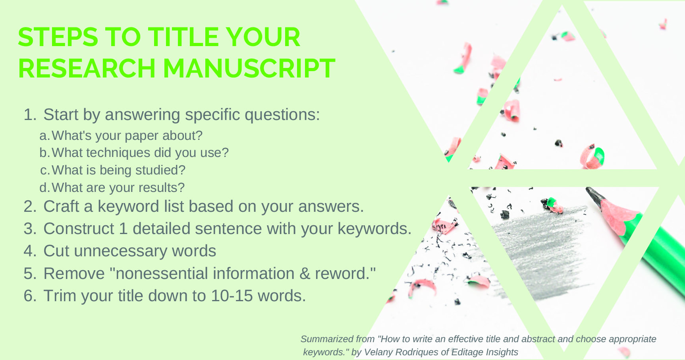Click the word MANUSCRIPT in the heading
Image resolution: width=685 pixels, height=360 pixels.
pyautogui.click(x=249, y=68)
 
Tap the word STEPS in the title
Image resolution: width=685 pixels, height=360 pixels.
pyautogui.click(x=58, y=37)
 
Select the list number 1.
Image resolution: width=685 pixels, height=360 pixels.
pyautogui.click(x=30, y=115)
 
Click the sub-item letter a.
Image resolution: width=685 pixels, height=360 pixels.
pyautogui.click(x=44, y=136)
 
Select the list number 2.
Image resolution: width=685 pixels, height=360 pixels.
pyautogui.click(x=30, y=207)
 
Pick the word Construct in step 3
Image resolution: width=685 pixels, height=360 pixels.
pyautogui.click(x=79, y=229)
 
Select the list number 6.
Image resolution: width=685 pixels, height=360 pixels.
pyautogui.click(x=30, y=296)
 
